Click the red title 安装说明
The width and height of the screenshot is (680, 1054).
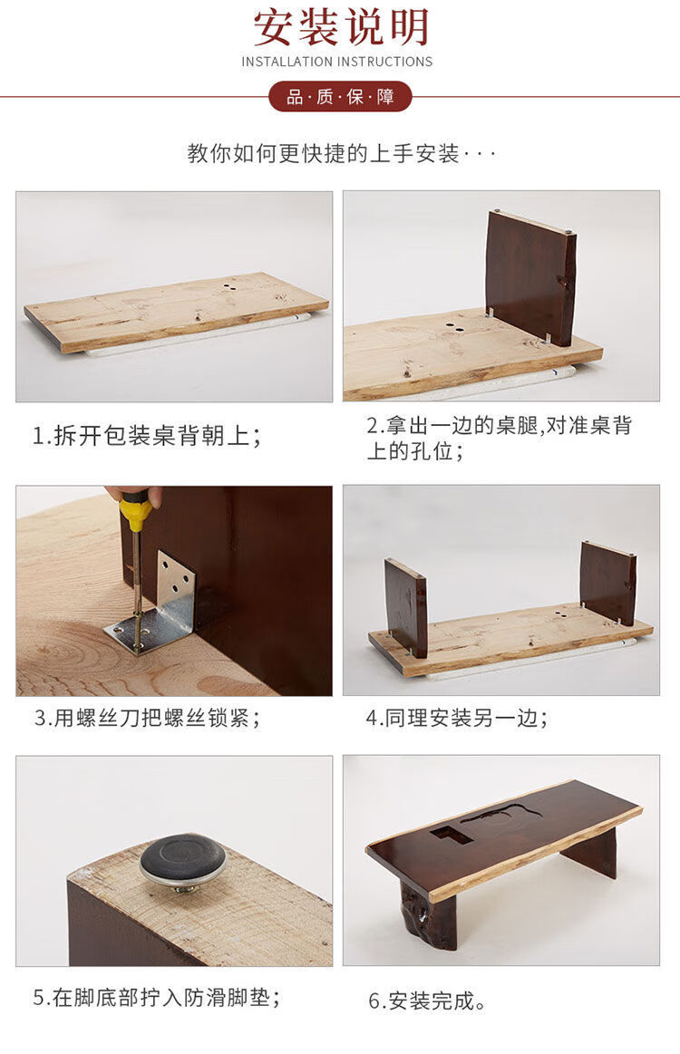point(340,27)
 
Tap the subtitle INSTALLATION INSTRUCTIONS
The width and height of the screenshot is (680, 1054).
point(337,62)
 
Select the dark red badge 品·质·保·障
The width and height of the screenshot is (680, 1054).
point(340,97)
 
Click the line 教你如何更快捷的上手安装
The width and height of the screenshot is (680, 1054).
point(323,153)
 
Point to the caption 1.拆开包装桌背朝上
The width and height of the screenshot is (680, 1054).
point(147,436)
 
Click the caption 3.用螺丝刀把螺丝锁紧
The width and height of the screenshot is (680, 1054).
point(147,718)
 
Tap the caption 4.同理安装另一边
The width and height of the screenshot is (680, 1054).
point(457,718)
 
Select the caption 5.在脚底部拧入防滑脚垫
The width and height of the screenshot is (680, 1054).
point(156,997)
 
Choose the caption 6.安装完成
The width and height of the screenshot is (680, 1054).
point(427,1001)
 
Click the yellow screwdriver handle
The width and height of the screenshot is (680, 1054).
point(137,512)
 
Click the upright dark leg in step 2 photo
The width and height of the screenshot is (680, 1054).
point(532,277)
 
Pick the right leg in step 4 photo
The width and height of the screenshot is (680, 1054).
point(608,582)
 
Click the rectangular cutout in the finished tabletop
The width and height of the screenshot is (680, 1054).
point(452,835)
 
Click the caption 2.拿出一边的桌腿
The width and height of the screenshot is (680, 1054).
point(499,438)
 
